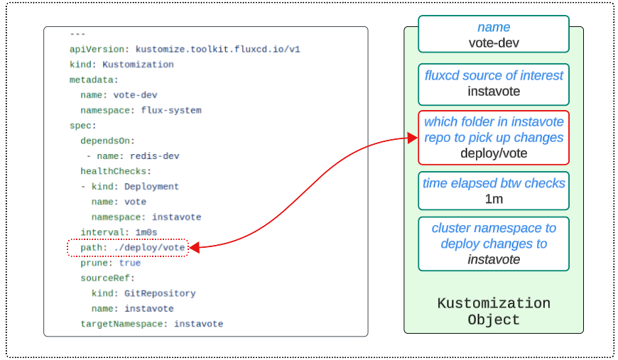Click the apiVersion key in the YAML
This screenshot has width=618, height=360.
pyautogui.click(x=97, y=49)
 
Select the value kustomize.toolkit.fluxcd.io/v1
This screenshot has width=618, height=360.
pyautogui.click(x=217, y=49)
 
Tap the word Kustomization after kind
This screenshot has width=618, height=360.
pyautogui.click(x=138, y=65)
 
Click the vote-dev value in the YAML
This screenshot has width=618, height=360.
pyautogui.click(x=135, y=95)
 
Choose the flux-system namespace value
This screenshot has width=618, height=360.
pyautogui.click(x=171, y=111)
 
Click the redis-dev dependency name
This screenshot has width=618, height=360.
pyautogui.click(x=155, y=156)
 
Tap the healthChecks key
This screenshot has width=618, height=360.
pyautogui.click(x=114, y=172)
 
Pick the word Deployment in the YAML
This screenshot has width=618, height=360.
pyautogui.click(x=152, y=187)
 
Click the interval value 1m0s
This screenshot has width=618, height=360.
pyautogui.click(x=146, y=233)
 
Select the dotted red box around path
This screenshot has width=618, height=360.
pyautogui.click(x=128, y=239)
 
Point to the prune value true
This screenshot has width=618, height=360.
pyautogui.click(x=130, y=263)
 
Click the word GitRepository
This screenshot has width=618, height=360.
pyautogui.click(x=160, y=294)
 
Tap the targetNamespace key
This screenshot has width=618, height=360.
pyautogui.click(x=121, y=324)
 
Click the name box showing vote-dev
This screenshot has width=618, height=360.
pyautogui.click(x=494, y=34)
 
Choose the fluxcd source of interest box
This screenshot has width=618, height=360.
pyautogui.click(x=494, y=84)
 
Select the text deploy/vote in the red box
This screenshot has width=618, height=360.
pyautogui.click(x=494, y=153)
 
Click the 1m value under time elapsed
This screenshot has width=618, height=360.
pyautogui.click(x=494, y=199)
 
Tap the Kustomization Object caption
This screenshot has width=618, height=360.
pyautogui.click(x=494, y=312)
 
